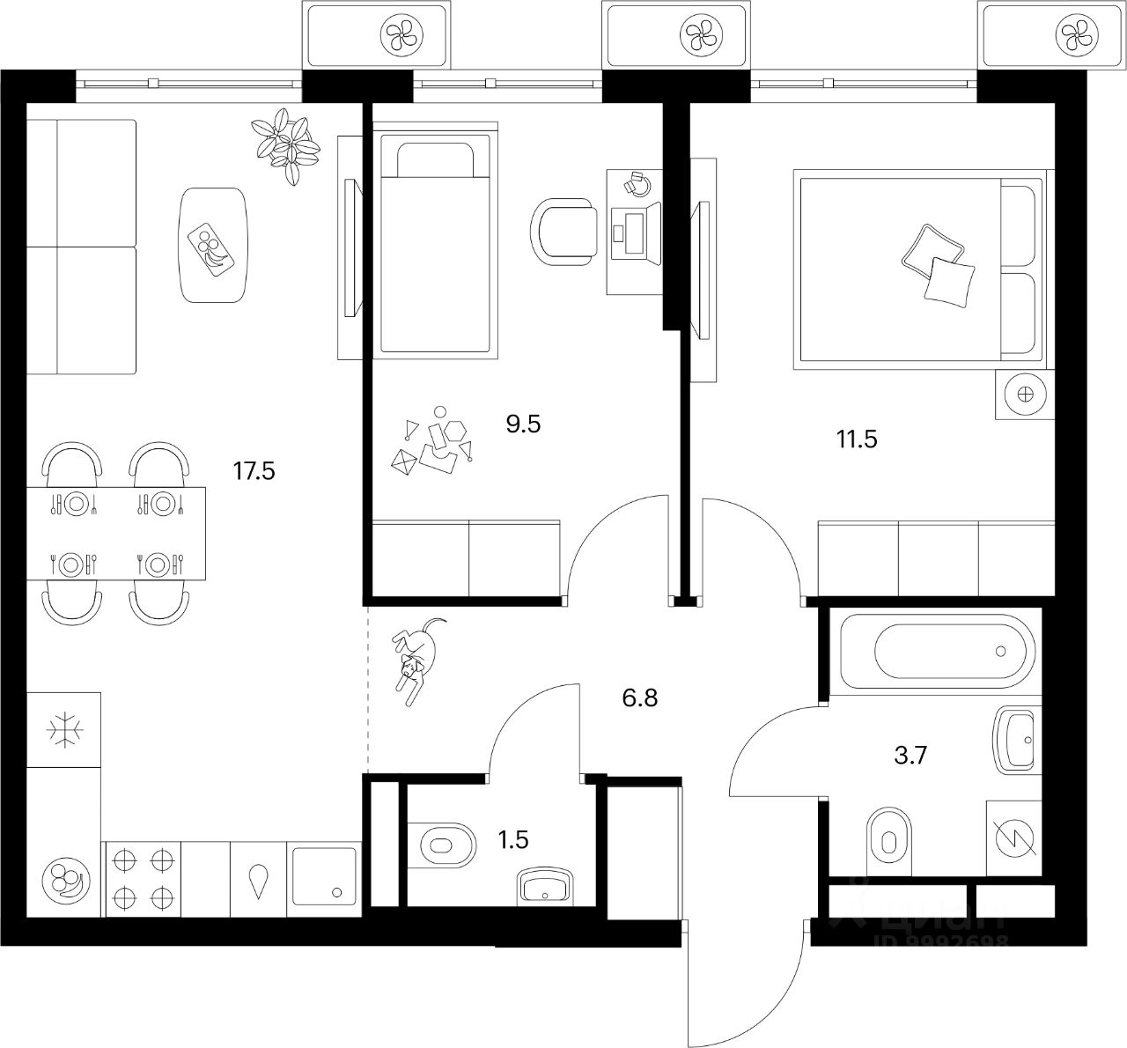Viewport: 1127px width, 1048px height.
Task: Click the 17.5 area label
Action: point(254,471)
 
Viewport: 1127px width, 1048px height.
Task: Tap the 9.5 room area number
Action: point(522,424)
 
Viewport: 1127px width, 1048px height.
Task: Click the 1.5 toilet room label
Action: point(513,840)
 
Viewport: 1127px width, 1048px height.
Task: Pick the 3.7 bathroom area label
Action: point(910,755)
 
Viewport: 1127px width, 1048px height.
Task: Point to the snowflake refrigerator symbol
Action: point(64,730)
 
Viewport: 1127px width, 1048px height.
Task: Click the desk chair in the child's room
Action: point(563,231)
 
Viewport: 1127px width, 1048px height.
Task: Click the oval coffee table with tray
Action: point(213,244)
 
